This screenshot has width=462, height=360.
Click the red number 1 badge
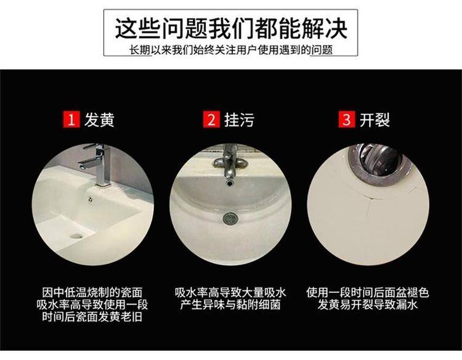pyautogui.click(x=71, y=120)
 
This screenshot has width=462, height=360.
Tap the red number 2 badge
pyautogui.click(x=211, y=120)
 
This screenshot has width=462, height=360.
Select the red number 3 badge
pyautogui.click(x=346, y=120)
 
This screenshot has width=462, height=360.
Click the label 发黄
pyautogui.click(x=99, y=120)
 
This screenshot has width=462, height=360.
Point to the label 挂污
pyautogui.click(x=239, y=120)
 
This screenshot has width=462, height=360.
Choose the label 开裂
pyautogui.click(x=375, y=120)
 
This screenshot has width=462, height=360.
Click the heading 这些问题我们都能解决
pyautogui.click(x=231, y=28)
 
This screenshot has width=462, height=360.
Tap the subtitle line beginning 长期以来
pyautogui.click(x=231, y=49)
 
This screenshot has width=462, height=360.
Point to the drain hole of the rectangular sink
pyautogui.click(x=77, y=235)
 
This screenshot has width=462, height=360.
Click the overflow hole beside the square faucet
pyautogui.click(x=90, y=199)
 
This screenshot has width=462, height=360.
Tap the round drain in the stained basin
pyautogui.click(x=230, y=218)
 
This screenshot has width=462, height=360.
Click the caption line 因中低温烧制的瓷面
pyautogui.click(x=92, y=292)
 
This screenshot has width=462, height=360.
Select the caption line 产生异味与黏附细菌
pyautogui.click(x=230, y=305)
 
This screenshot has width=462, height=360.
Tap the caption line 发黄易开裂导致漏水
pyautogui.click(x=367, y=305)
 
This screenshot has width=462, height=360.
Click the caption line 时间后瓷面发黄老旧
pyautogui.click(x=92, y=317)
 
